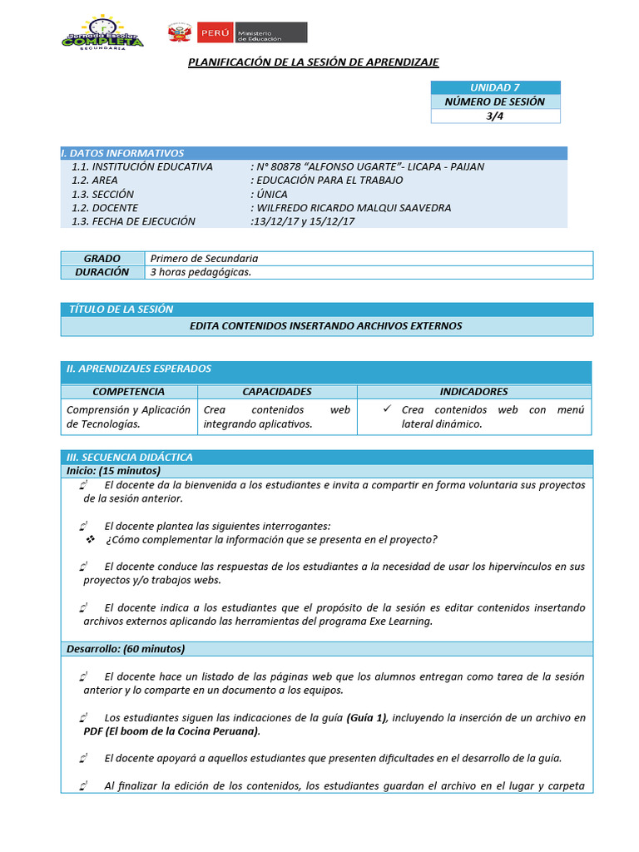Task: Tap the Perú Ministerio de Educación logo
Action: (x=238, y=32)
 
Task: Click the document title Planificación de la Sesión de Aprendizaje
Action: (x=313, y=62)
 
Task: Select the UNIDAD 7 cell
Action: (x=495, y=87)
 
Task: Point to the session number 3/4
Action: (x=495, y=116)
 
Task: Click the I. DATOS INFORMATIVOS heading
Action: (x=123, y=153)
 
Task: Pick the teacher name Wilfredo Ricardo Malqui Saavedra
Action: (x=353, y=208)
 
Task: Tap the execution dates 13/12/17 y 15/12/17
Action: (x=303, y=221)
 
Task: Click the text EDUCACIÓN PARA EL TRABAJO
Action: (x=329, y=181)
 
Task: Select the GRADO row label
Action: (x=102, y=259)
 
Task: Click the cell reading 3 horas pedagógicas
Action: (x=201, y=272)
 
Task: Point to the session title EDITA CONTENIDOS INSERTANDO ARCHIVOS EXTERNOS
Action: (x=326, y=326)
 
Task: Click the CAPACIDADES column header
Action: (x=277, y=391)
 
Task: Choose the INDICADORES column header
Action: (x=473, y=391)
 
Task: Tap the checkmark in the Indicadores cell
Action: (x=387, y=409)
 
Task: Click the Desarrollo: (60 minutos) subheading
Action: (x=126, y=649)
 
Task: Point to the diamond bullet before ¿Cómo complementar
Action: (x=92, y=539)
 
